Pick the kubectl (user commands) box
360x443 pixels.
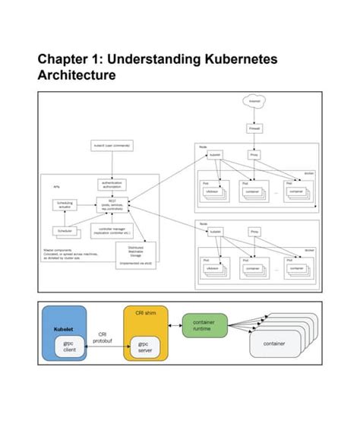tap(112, 145)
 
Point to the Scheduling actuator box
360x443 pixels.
tap(65, 205)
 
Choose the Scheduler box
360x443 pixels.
tap(65, 231)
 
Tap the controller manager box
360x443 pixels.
tap(112, 231)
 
